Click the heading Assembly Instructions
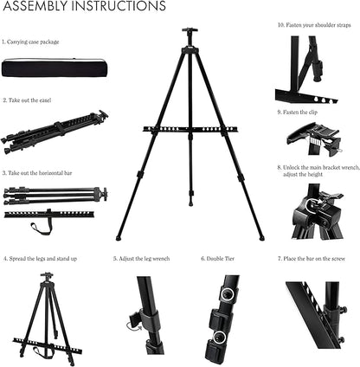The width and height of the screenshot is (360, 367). tap(83, 8)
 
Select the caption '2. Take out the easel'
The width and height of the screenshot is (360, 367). tap(27, 100)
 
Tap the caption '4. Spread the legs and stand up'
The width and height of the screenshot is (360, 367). tap(41, 258)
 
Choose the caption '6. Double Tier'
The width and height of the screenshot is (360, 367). tap(215, 258)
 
